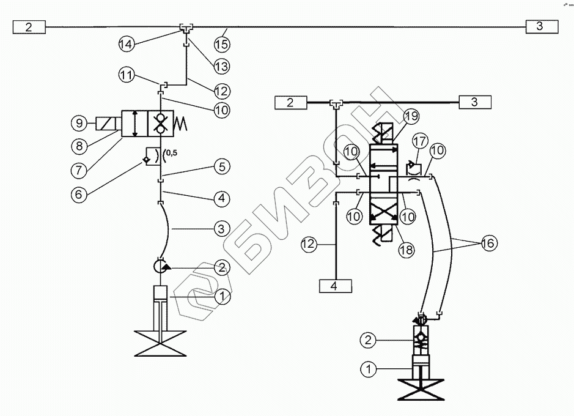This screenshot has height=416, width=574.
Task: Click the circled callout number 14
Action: click(x=126, y=43)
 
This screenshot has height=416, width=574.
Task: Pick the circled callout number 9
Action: click(x=78, y=122)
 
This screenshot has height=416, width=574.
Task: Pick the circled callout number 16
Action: click(x=488, y=243)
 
